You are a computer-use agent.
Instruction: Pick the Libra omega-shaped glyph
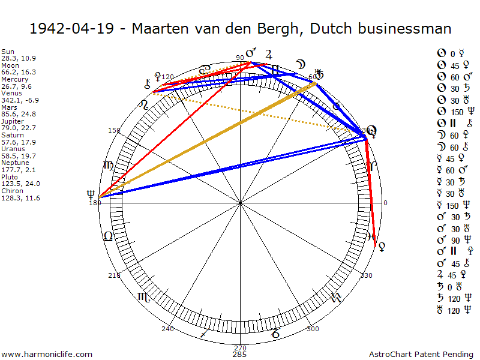click(108, 236)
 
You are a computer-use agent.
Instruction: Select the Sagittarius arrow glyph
click(205, 332)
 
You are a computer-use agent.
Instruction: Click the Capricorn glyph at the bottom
click(275, 332)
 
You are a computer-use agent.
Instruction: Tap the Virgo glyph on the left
click(108, 165)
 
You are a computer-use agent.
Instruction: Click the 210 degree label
click(114, 275)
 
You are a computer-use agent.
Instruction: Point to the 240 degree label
click(167, 329)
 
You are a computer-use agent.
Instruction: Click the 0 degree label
click(385, 203)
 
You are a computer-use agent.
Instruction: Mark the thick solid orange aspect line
click(207, 140)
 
